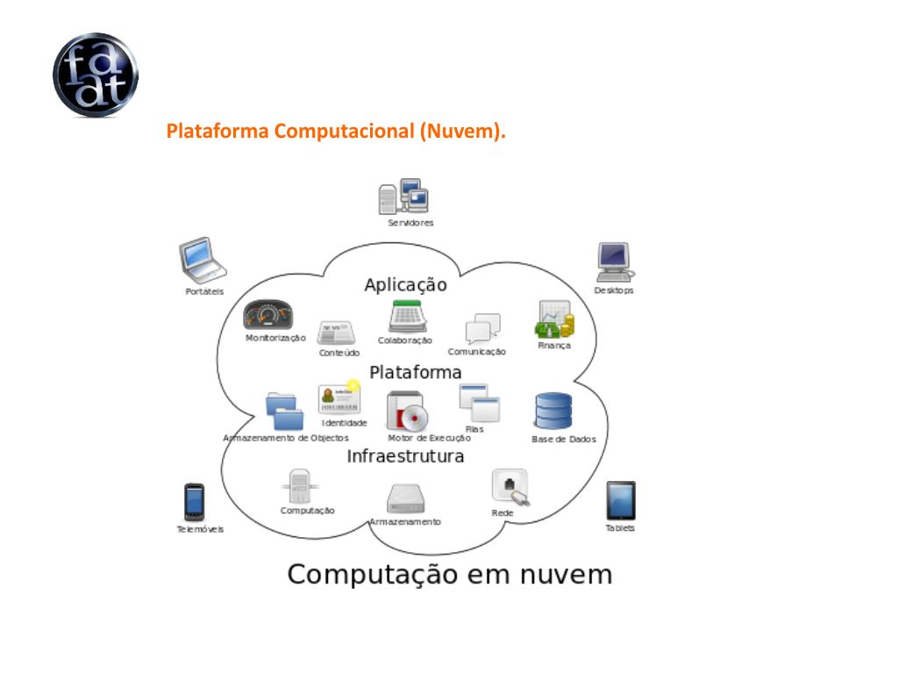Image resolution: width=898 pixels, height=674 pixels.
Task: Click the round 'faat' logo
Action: (x=95, y=75)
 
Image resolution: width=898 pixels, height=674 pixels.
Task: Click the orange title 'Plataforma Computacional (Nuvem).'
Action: (x=337, y=133)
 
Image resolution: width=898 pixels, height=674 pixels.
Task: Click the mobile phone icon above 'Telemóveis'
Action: (x=194, y=502)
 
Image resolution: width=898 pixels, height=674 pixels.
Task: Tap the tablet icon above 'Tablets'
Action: (x=621, y=500)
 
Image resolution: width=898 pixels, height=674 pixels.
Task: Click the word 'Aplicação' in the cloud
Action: (x=405, y=285)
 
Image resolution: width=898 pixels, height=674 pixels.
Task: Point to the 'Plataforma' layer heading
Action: (x=415, y=372)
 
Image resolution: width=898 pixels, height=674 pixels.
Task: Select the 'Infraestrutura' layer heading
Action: (x=405, y=456)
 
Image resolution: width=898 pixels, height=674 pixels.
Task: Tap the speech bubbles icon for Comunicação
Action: (x=482, y=328)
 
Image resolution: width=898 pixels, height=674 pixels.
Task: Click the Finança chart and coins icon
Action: (x=554, y=320)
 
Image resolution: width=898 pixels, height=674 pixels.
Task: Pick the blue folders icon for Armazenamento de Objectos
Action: (x=284, y=411)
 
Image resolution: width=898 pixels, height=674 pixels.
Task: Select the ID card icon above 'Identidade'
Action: (x=340, y=398)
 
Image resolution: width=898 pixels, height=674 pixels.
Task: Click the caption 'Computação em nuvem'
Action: (x=450, y=575)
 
